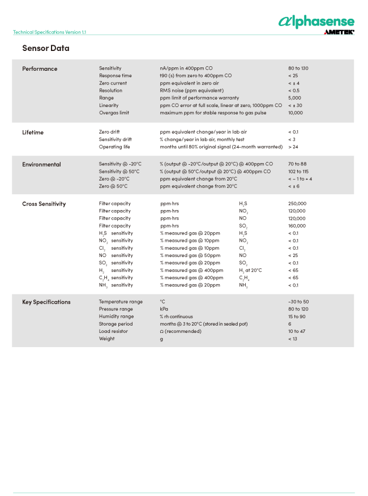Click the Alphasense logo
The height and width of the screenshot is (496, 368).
click(316, 22)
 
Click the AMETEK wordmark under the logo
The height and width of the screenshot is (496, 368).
click(339, 32)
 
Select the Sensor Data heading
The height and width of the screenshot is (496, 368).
click(46, 48)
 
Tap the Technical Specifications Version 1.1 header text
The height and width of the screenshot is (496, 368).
click(50, 32)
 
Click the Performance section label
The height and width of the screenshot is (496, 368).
click(40, 69)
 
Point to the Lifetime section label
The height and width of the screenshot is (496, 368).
click(33, 132)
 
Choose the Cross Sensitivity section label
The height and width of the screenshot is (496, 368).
click(44, 204)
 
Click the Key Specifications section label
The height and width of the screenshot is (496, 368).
click(46, 302)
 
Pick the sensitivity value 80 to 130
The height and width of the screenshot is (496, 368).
click(298, 69)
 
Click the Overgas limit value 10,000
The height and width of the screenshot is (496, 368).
click(296, 113)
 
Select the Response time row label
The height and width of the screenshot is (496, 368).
click(115, 76)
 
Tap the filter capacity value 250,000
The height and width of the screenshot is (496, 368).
click(297, 204)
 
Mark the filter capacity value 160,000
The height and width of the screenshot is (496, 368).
click(297, 226)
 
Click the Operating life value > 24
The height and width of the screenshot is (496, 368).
click(293, 147)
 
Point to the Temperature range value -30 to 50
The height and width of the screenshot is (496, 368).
click(298, 302)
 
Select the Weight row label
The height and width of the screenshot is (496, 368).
click(106, 339)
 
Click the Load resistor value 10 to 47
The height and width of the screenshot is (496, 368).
click(297, 331)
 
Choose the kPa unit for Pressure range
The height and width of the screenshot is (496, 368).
click(164, 309)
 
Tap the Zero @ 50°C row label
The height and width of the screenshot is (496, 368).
click(113, 186)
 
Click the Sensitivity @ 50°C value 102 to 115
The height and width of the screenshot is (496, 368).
click(298, 172)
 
